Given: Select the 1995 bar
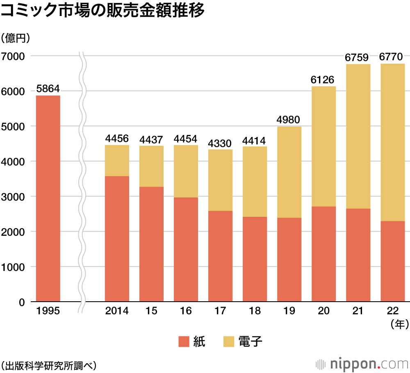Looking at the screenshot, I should (x=48, y=199).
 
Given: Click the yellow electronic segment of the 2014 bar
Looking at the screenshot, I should (x=117, y=161).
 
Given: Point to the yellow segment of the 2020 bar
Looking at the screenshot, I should (x=323, y=146).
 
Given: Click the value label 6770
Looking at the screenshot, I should (x=392, y=57).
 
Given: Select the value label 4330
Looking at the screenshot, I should (x=220, y=143).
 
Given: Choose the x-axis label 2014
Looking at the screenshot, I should (x=117, y=311).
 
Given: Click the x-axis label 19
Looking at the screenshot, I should (x=289, y=311).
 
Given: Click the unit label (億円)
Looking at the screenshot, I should (x=16, y=39).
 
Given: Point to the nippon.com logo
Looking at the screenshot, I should (x=362, y=364).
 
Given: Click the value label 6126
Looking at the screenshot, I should (x=323, y=80).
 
